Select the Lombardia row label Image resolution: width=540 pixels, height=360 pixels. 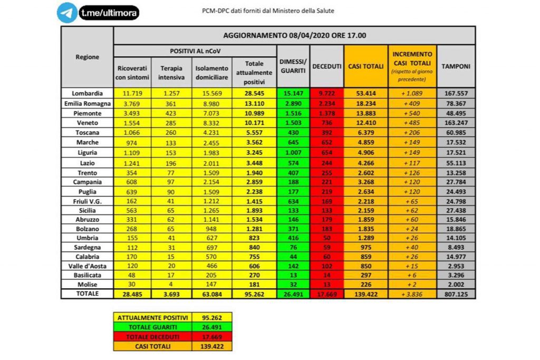pyautogui.click(x=87, y=93)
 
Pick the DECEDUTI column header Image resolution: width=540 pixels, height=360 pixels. pyautogui.click(x=327, y=67)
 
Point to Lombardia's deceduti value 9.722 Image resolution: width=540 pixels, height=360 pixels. pyautogui.click(x=327, y=93)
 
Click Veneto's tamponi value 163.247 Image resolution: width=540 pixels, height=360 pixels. pyautogui.click(x=456, y=123)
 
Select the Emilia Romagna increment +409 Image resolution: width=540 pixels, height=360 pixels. pyautogui.click(x=413, y=103)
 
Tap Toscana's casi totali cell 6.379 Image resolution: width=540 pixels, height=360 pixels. pyautogui.click(x=365, y=133)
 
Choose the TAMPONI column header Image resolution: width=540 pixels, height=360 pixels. pyautogui.click(x=456, y=67)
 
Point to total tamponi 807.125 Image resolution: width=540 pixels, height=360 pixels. pyautogui.click(x=456, y=295)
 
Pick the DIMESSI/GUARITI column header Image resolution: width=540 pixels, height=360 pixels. pyautogui.click(x=293, y=67)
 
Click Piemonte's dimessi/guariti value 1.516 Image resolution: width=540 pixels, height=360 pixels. pyautogui.click(x=293, y=113)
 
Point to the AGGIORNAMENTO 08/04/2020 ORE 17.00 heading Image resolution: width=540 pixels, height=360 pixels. pyautogui.click(x=294, y=36)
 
